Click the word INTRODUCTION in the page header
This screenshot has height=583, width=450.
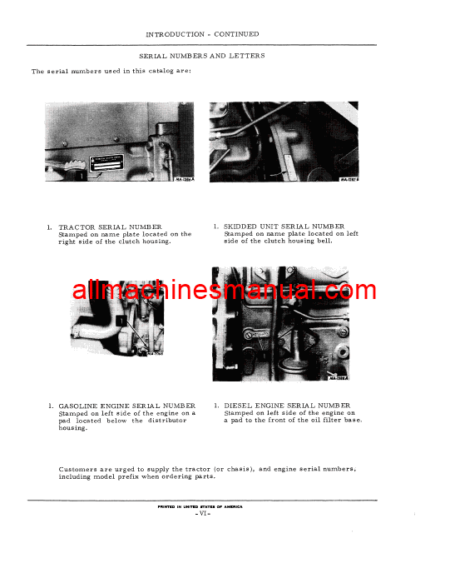[x=173, y=34]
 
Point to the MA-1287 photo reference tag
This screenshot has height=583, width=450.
[x=349, y=177]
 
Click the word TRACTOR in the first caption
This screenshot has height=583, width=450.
[x=77, y=227]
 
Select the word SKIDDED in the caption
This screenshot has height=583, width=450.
[x=243, y=226]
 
